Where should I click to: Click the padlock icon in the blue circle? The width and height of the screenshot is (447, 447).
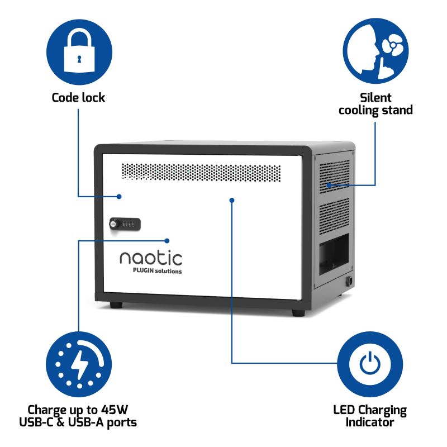(x=78, y=52)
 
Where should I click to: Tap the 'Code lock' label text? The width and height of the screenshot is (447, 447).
(x=78, y=97)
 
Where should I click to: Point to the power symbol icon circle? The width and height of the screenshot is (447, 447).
(x=369, y=364)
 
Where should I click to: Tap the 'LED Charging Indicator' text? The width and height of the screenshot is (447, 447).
(x=369, y=416)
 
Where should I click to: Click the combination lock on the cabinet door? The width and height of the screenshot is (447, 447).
(x=125, y=223)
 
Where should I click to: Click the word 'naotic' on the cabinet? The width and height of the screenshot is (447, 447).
(x=150, y=258)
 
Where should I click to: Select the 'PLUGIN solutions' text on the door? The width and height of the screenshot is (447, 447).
(x=156, y=271)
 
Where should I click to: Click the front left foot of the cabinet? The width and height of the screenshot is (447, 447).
(x=116, y=306)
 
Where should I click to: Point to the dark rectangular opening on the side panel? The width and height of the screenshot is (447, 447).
(x=334, y=251)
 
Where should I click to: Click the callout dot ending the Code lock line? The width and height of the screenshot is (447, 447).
(x=120, y=196)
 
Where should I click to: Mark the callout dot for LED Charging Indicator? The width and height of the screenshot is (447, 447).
(x=231, y=199)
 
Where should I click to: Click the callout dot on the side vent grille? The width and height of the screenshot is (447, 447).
(x=330, y=185)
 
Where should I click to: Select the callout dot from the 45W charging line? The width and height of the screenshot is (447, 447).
(x=167, y=241)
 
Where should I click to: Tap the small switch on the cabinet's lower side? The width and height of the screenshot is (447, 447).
(x=350, y=282)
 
